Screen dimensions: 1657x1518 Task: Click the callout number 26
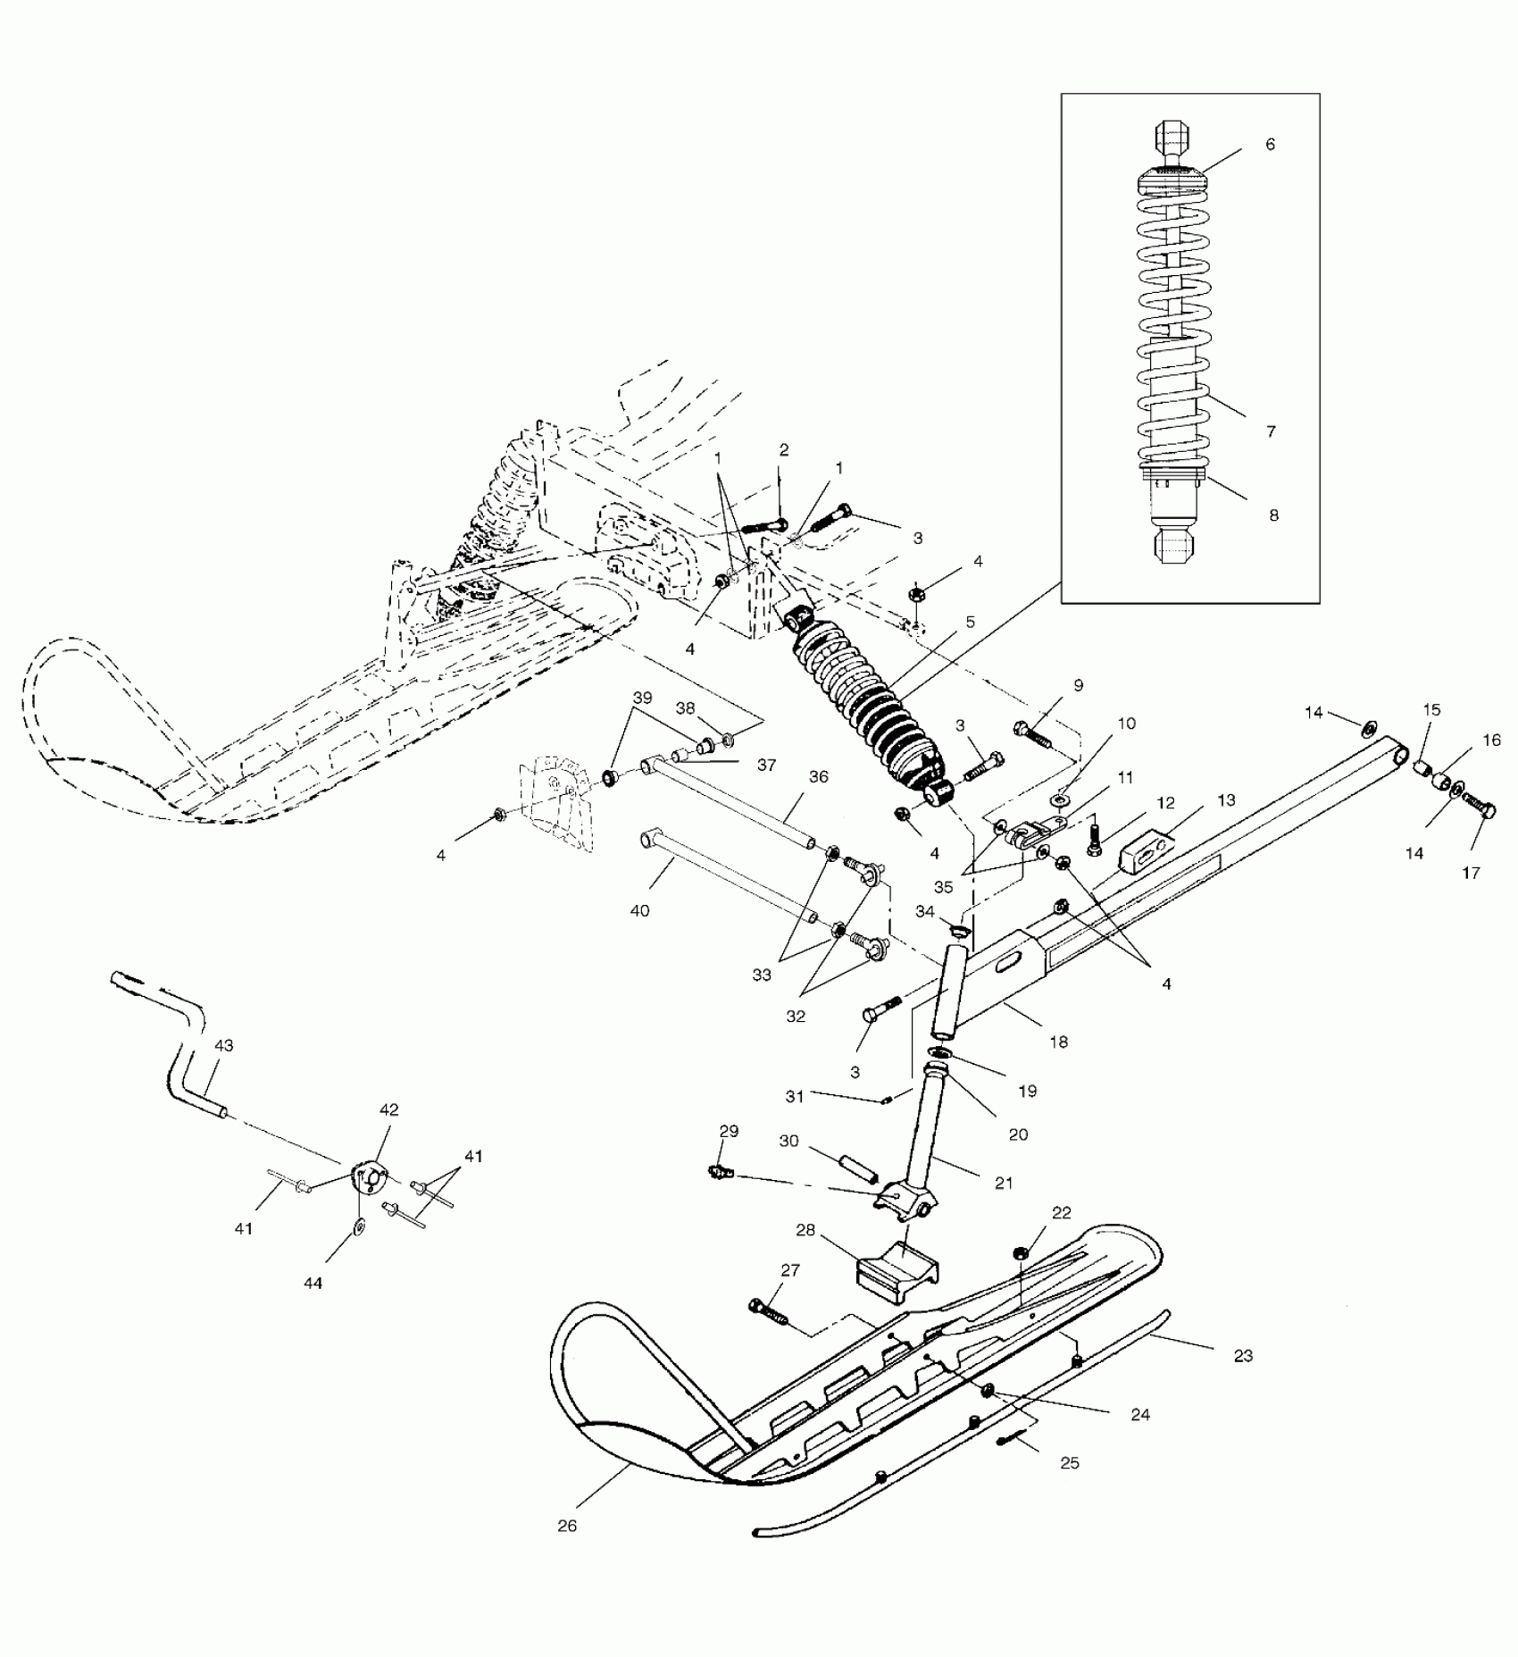567,1526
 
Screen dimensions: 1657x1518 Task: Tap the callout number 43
223,1045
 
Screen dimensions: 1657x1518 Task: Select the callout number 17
1470,873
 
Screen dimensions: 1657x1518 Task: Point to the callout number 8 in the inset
1274,515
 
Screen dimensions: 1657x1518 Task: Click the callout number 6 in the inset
1271,144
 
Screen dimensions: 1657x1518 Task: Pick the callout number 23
1243,1355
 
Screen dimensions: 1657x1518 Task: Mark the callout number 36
819,777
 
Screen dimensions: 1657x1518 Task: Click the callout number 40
639,910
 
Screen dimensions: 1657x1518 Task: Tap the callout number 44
313,1283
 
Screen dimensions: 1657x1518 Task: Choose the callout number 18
1058,1042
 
